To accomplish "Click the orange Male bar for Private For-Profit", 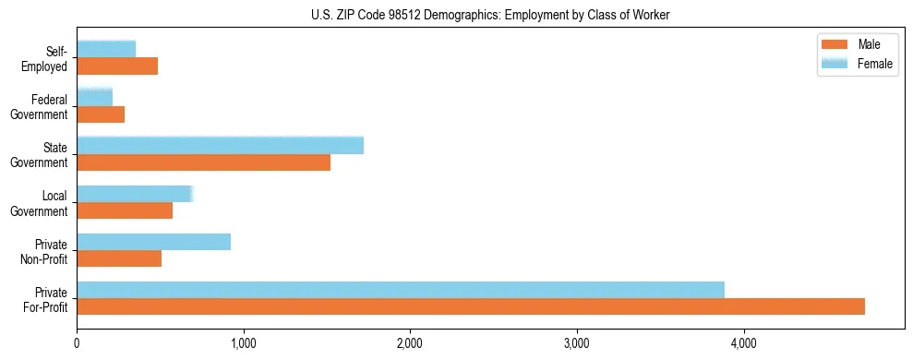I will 471,306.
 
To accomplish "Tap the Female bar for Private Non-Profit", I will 153,242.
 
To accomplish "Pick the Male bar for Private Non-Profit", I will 119,258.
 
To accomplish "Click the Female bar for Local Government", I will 135,194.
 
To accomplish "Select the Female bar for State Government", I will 220,145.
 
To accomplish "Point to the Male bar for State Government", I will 203,162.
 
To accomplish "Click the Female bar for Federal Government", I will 94,97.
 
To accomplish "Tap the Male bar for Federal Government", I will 101,114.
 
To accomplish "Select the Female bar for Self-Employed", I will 106,49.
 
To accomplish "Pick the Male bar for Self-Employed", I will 117,66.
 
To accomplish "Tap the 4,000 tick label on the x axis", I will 743,344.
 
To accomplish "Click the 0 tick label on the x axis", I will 77,344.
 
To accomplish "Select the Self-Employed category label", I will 45,58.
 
